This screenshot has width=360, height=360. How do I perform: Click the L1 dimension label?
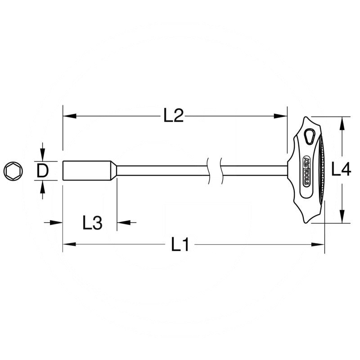coord(180,245)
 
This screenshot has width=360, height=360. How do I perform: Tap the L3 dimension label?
coord(92,222)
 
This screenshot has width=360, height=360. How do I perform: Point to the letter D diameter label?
coord(42,171)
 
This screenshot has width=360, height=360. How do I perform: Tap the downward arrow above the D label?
coord(42,155)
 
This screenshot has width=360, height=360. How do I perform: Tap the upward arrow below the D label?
coord(42,186)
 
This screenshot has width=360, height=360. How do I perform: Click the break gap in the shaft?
coord(215,171)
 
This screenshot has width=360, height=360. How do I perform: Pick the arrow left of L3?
coord(56,222)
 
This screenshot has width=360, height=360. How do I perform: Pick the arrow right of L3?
coord(123,222)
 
